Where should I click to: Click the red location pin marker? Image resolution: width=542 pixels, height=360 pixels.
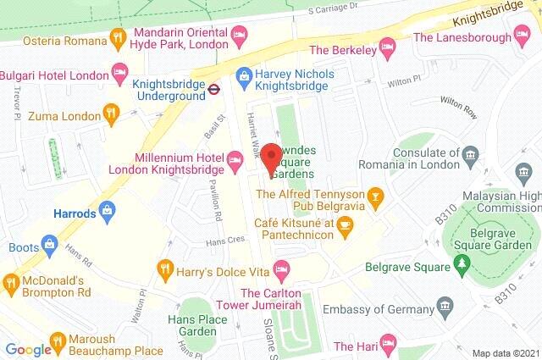pos(270,159)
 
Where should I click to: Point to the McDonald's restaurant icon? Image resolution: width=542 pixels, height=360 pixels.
pos(10,281)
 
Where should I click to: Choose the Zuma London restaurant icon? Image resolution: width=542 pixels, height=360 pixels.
pos(110,112)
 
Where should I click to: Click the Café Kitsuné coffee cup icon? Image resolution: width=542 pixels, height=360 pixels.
pos(344,224)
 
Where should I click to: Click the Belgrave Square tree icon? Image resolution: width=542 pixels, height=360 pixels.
pos(462,266)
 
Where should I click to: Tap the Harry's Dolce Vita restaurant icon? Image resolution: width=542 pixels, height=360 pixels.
pos(166,271)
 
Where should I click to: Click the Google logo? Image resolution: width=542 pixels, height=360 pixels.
pos(29,349)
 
